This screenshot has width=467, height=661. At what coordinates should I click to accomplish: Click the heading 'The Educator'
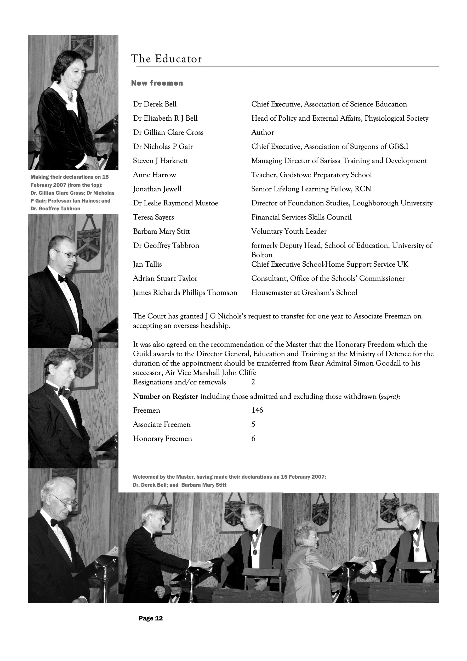click(166, 59)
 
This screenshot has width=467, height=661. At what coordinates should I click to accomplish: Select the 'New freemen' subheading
click(157, 83)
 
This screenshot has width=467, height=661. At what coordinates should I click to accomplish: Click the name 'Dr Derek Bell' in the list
click(155, 104)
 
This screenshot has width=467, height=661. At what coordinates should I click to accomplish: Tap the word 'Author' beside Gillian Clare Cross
click(263, 132)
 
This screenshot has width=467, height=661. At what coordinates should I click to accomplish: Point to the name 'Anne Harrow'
click(154, 175)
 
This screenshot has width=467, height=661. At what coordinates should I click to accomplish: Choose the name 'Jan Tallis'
click(147, 264)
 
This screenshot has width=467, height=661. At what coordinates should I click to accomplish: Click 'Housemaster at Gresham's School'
click(304, 293)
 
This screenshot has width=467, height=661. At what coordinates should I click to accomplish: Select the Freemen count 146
click(257, 410)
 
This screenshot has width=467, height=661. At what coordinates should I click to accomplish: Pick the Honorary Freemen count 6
click(253, 439)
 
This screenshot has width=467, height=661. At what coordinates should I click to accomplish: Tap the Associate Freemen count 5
click(253, 424)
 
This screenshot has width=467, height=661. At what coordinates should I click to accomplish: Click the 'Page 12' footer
click(151, 618)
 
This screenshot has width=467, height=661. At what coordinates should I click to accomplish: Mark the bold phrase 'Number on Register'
click(166, 396)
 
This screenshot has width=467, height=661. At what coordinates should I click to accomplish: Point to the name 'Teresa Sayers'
click(153, 217)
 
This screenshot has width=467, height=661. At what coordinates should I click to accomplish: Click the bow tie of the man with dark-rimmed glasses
click(62, 278)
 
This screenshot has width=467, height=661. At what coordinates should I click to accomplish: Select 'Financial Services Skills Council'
click(301, 217)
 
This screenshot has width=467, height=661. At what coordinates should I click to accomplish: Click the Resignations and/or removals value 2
click(253, 382)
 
